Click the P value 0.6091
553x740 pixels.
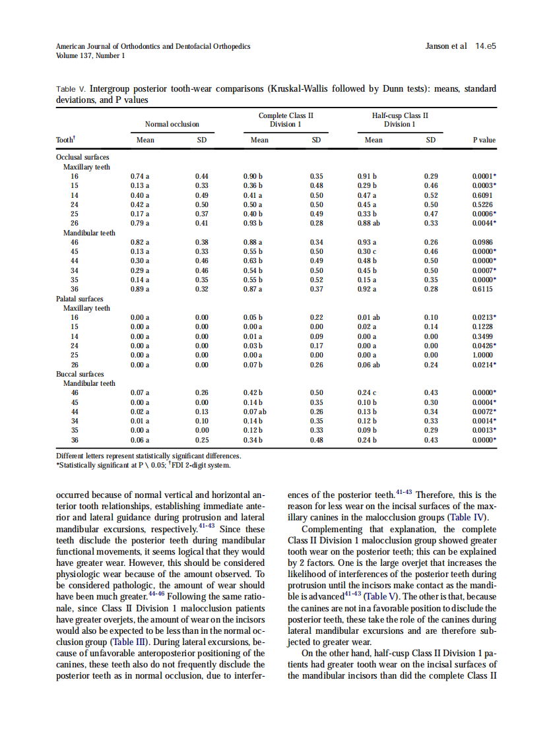tap(484, 196)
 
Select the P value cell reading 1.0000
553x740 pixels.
tap(484, 355)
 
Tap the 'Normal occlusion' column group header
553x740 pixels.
tap(172, 124)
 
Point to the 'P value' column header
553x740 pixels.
tap(484, 140)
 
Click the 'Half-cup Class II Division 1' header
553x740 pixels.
tap(400, 119)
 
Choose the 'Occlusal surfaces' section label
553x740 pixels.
tap(82, 158)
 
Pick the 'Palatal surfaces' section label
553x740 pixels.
tap(80, 299)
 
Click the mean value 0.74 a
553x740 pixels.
tap(140, 177)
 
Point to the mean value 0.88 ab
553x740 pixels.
tap(370, 224)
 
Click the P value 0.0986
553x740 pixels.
tap(484, 243)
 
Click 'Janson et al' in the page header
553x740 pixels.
tap(447, 46)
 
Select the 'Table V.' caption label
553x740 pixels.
tap(71, 89)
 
